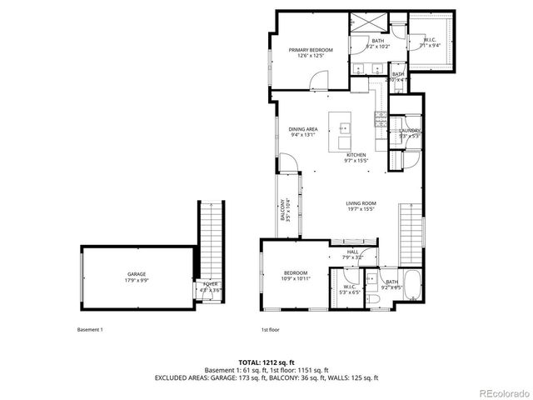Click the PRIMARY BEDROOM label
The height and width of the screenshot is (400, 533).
[x=311, y=50]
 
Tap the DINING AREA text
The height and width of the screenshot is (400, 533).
[x=303, y=129]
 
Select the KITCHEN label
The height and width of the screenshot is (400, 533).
[x=356, y=155]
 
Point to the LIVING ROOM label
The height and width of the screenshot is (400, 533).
[x=361, y=203]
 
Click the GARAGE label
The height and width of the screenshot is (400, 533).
[x=137, y=274]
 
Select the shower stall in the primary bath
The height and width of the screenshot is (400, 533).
[x=362, y=25]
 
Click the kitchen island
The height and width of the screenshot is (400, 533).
[x=341, y=129]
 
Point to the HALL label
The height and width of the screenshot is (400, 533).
[x=352, y=252]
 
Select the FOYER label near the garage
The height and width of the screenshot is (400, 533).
[x=210, y=285]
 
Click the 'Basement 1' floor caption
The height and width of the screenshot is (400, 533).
[x=89, y=329]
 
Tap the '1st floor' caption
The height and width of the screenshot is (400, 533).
[x=269, y=329]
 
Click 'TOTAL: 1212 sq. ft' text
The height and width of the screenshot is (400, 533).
[x=266, y=362]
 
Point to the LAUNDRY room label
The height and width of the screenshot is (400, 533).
[x=409, y=131]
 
